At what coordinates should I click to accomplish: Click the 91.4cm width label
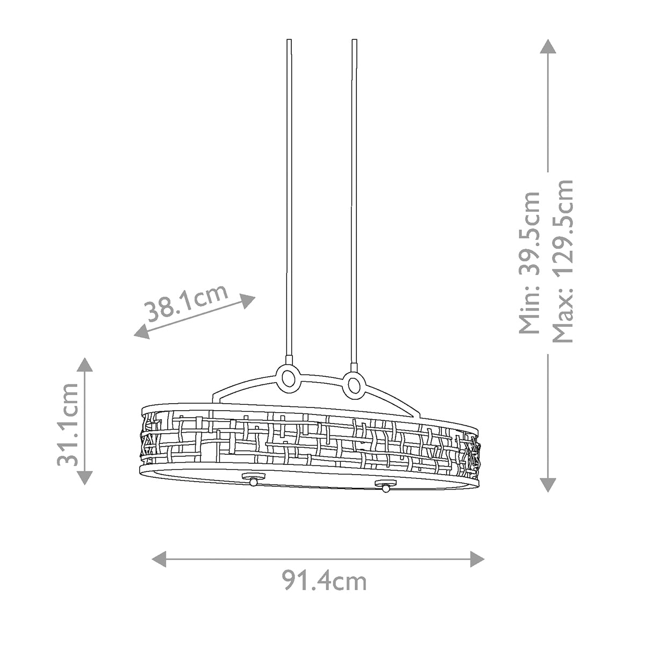tap(324, 582)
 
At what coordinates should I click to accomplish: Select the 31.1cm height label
tap(68, 425)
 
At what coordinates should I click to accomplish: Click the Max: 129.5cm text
tap(562, 261)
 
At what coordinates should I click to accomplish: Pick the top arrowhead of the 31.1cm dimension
tap(85, 364)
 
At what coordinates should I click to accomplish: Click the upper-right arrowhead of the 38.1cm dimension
tap(248, 300)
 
